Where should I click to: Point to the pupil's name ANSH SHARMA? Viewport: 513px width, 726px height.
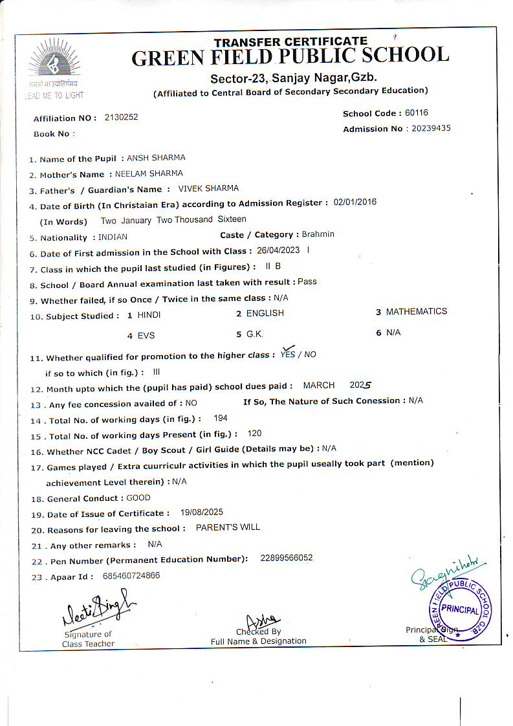156,158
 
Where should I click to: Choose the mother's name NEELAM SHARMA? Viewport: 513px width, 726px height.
149,174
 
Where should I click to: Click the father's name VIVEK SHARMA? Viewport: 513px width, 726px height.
208,189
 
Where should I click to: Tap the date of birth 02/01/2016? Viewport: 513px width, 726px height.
355,203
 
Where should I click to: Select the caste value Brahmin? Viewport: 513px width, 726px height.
318,234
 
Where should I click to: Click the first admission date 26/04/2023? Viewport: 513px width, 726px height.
279,250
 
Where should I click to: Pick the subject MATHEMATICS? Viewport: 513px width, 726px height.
417,312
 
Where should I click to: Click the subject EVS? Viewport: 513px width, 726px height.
146,336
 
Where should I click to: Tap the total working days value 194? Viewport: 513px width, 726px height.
220,419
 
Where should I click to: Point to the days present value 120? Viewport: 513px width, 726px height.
255,434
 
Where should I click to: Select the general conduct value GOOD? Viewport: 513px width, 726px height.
138,498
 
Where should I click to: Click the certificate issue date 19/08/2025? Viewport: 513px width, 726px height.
202,512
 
